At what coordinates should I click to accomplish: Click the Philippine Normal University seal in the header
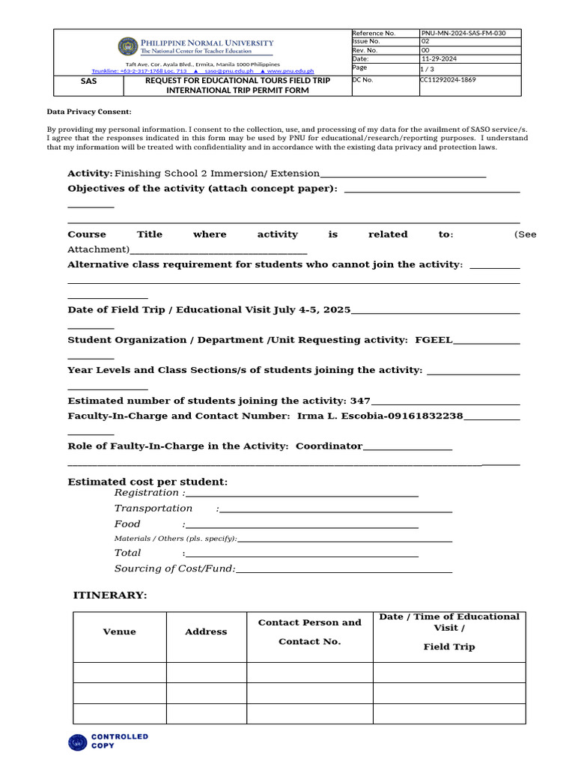coord(128,46)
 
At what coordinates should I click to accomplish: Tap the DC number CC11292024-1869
coord(448,79)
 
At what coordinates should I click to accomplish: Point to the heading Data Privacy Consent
coord(89,112)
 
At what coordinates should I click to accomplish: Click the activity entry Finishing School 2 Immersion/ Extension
coord(216,173)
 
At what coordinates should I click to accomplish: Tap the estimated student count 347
coord(360,401)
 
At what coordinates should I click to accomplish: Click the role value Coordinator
coord(329,446)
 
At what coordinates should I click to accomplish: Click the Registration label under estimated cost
coord(147,493)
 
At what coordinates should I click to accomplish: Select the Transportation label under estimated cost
coord(153,509)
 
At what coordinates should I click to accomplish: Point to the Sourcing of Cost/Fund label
coord(174,569)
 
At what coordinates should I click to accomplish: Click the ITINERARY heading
coord(110,595)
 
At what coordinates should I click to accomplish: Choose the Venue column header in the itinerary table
coord(120,631)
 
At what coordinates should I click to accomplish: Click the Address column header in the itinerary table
coord(206,631)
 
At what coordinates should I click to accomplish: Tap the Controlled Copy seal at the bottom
coord(78,742)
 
